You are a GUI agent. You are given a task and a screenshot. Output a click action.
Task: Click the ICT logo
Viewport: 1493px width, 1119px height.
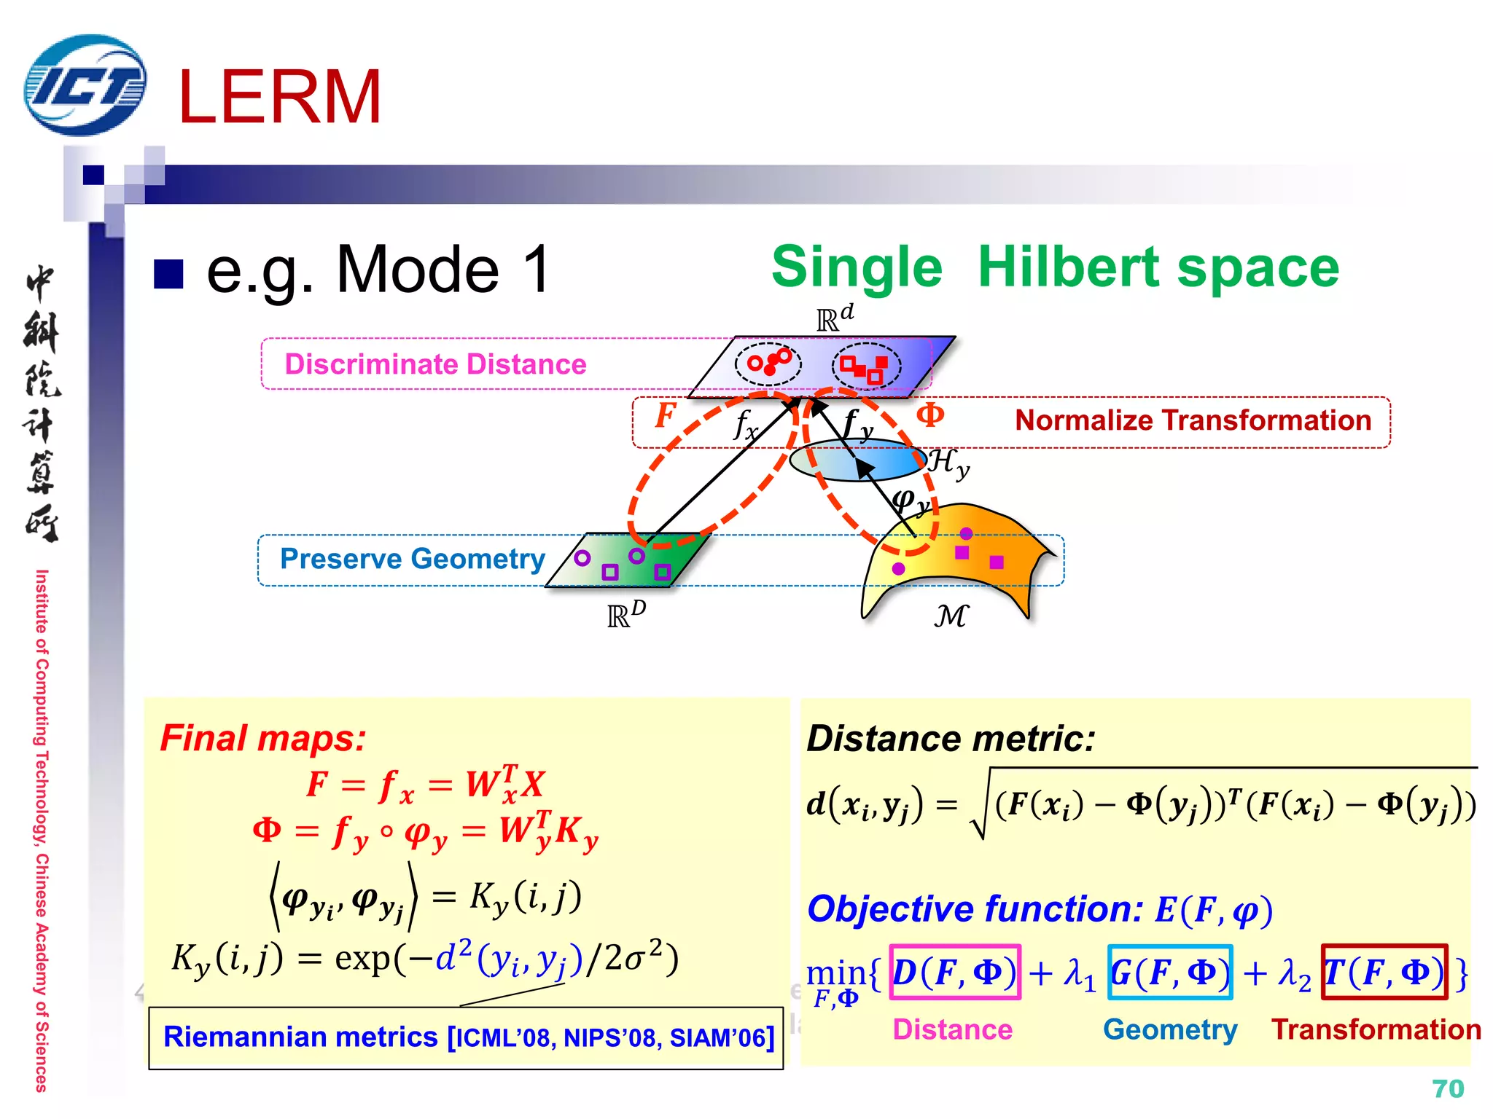click(x=85, y=85)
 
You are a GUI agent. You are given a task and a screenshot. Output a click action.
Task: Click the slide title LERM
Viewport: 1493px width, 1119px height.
click(x=280, y=97)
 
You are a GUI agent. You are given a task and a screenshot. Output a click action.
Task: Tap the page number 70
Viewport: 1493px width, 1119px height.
click(x=1447, y=1088)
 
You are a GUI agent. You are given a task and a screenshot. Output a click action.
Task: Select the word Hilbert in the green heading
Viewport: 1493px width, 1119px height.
click(x=1069, y=267)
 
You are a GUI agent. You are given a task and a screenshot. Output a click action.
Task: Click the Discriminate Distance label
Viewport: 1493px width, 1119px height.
click(x=435, y=364)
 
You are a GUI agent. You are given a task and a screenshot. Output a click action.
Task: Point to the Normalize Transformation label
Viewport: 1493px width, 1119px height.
click(x=1193, y=420)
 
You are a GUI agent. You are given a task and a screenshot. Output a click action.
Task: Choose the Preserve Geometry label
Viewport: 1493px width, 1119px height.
click(x=413, y=559)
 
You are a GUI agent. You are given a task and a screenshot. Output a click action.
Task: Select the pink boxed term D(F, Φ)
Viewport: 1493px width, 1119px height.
click(x=954, y=973)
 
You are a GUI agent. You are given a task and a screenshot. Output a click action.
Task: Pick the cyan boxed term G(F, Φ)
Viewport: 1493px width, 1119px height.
click(x=1169, y=973)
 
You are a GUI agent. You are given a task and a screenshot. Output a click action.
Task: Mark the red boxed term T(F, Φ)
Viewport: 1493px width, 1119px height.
click(x=1384, y=973)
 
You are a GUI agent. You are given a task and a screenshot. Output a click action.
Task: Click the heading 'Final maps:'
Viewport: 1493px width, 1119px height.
click(x=263, y=738)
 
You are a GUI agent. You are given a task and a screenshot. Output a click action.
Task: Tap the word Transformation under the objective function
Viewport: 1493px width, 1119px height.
click(x=1376, y=1029)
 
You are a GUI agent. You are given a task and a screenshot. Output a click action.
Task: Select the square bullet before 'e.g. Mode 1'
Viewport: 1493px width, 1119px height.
click(x=168, y=274)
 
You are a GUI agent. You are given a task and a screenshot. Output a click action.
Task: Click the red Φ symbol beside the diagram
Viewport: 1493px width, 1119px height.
click(x=930, y=415)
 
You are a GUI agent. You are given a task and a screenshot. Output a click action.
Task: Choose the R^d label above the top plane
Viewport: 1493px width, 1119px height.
click(x=834, y=318)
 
